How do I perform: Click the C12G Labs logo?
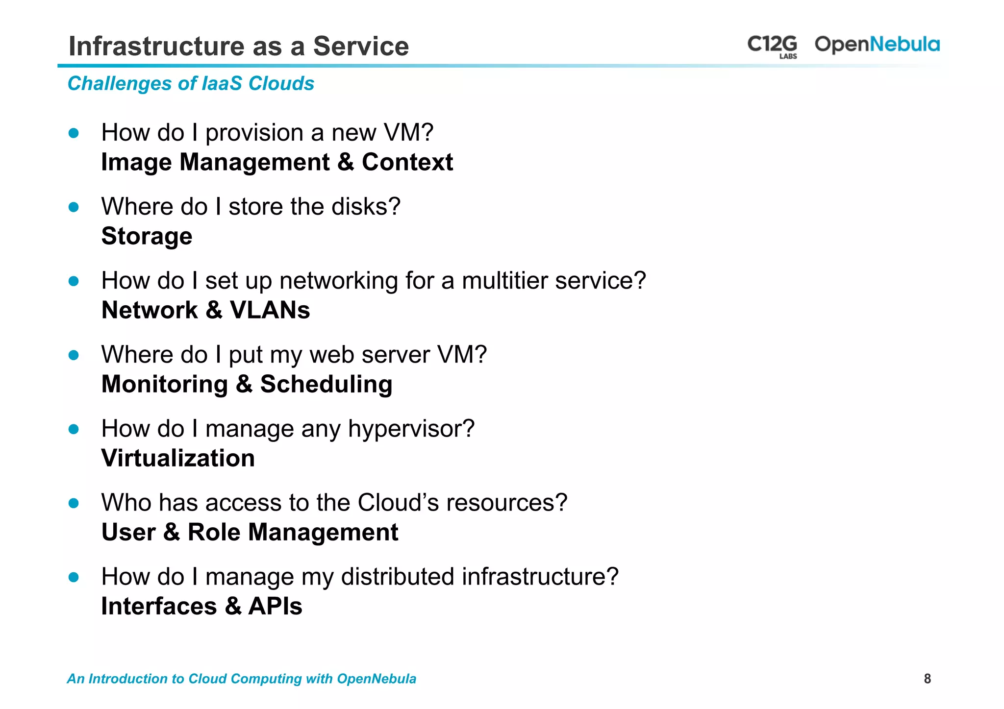772,46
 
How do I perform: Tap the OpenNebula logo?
877,45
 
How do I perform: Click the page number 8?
927,679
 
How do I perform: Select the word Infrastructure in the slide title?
156,47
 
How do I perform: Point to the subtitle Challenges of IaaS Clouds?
191,84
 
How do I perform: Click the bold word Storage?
147,237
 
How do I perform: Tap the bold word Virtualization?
178,459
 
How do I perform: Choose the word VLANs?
270,310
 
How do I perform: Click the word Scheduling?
326,384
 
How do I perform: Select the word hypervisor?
411,429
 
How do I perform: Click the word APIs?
275,607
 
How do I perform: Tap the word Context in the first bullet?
407,162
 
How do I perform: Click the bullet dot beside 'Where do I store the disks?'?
74,207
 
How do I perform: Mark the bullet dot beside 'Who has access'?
74,503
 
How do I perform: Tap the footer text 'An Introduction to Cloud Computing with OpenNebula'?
242,679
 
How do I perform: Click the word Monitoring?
164,384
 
